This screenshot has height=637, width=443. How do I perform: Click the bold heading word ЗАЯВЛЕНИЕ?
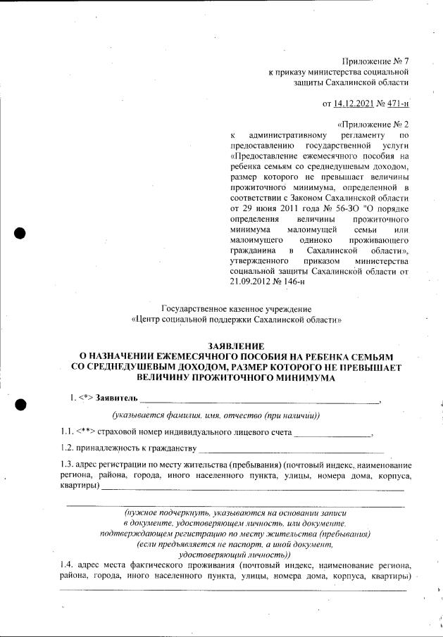click(236, 346)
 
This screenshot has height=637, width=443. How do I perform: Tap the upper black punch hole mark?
click(20, 233)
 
